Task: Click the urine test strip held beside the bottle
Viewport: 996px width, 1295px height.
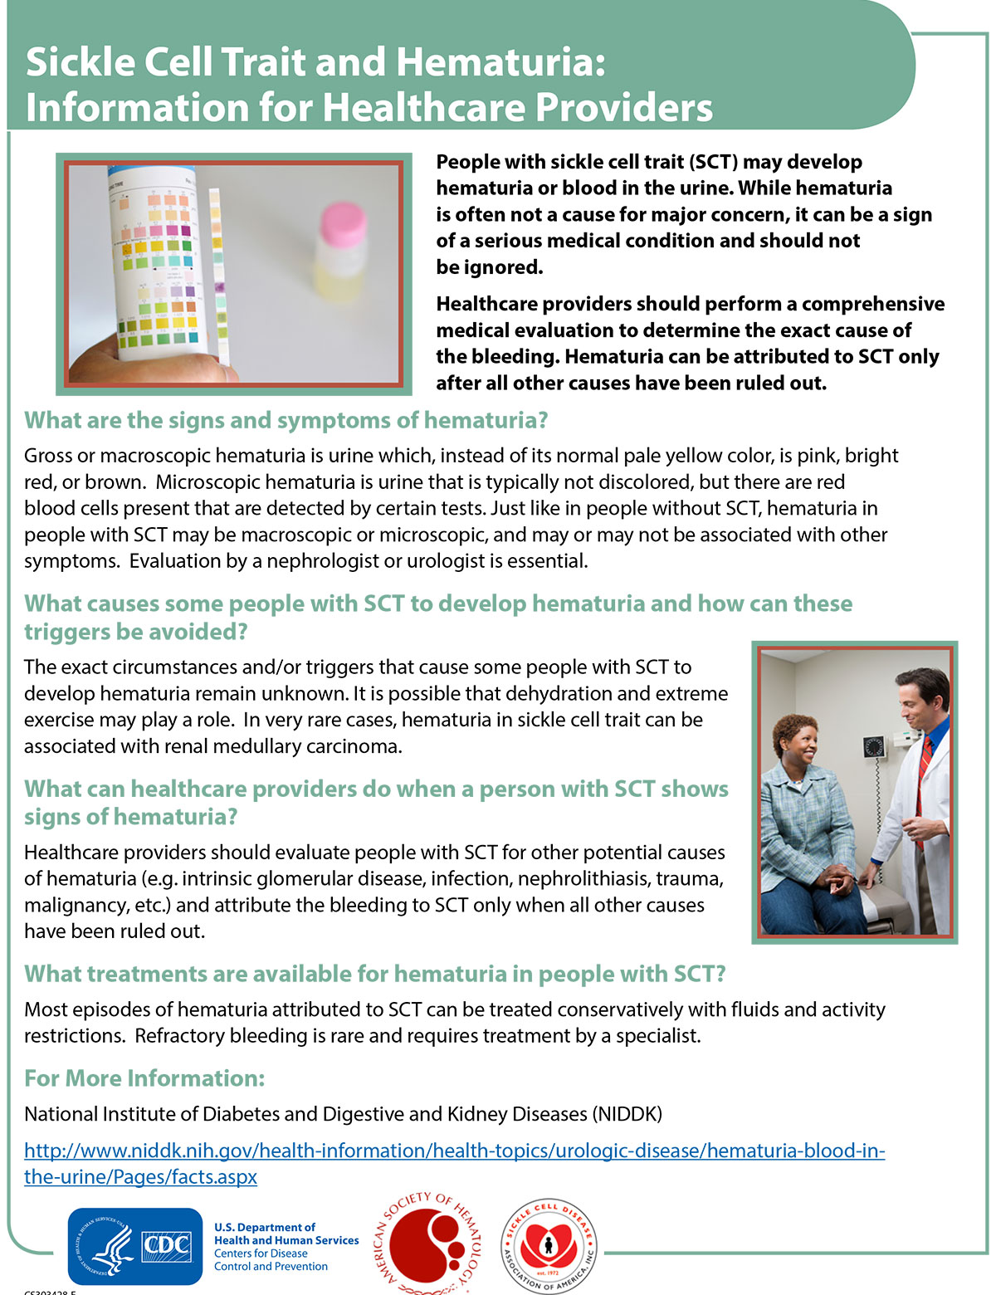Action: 218,274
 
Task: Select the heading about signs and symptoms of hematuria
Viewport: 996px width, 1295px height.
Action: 286,420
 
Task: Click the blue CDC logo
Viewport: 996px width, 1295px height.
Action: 135,1246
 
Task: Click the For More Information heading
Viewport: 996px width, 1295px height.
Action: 144,1078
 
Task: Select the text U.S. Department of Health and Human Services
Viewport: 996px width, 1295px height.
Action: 286,1234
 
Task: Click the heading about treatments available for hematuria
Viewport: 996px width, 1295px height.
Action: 374,974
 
